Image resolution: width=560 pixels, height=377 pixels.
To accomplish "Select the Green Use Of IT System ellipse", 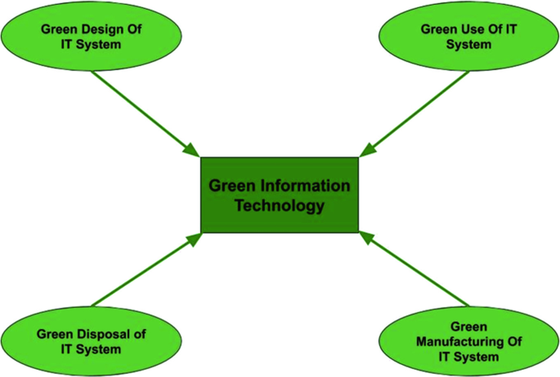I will (x=469, y=36).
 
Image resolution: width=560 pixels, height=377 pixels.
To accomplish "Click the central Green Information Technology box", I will (x=280, y=195).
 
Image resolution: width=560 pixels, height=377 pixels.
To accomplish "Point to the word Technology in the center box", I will (x=280, y=206).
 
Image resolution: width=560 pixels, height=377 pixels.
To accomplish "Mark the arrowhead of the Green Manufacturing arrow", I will (x=366, y=238).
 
